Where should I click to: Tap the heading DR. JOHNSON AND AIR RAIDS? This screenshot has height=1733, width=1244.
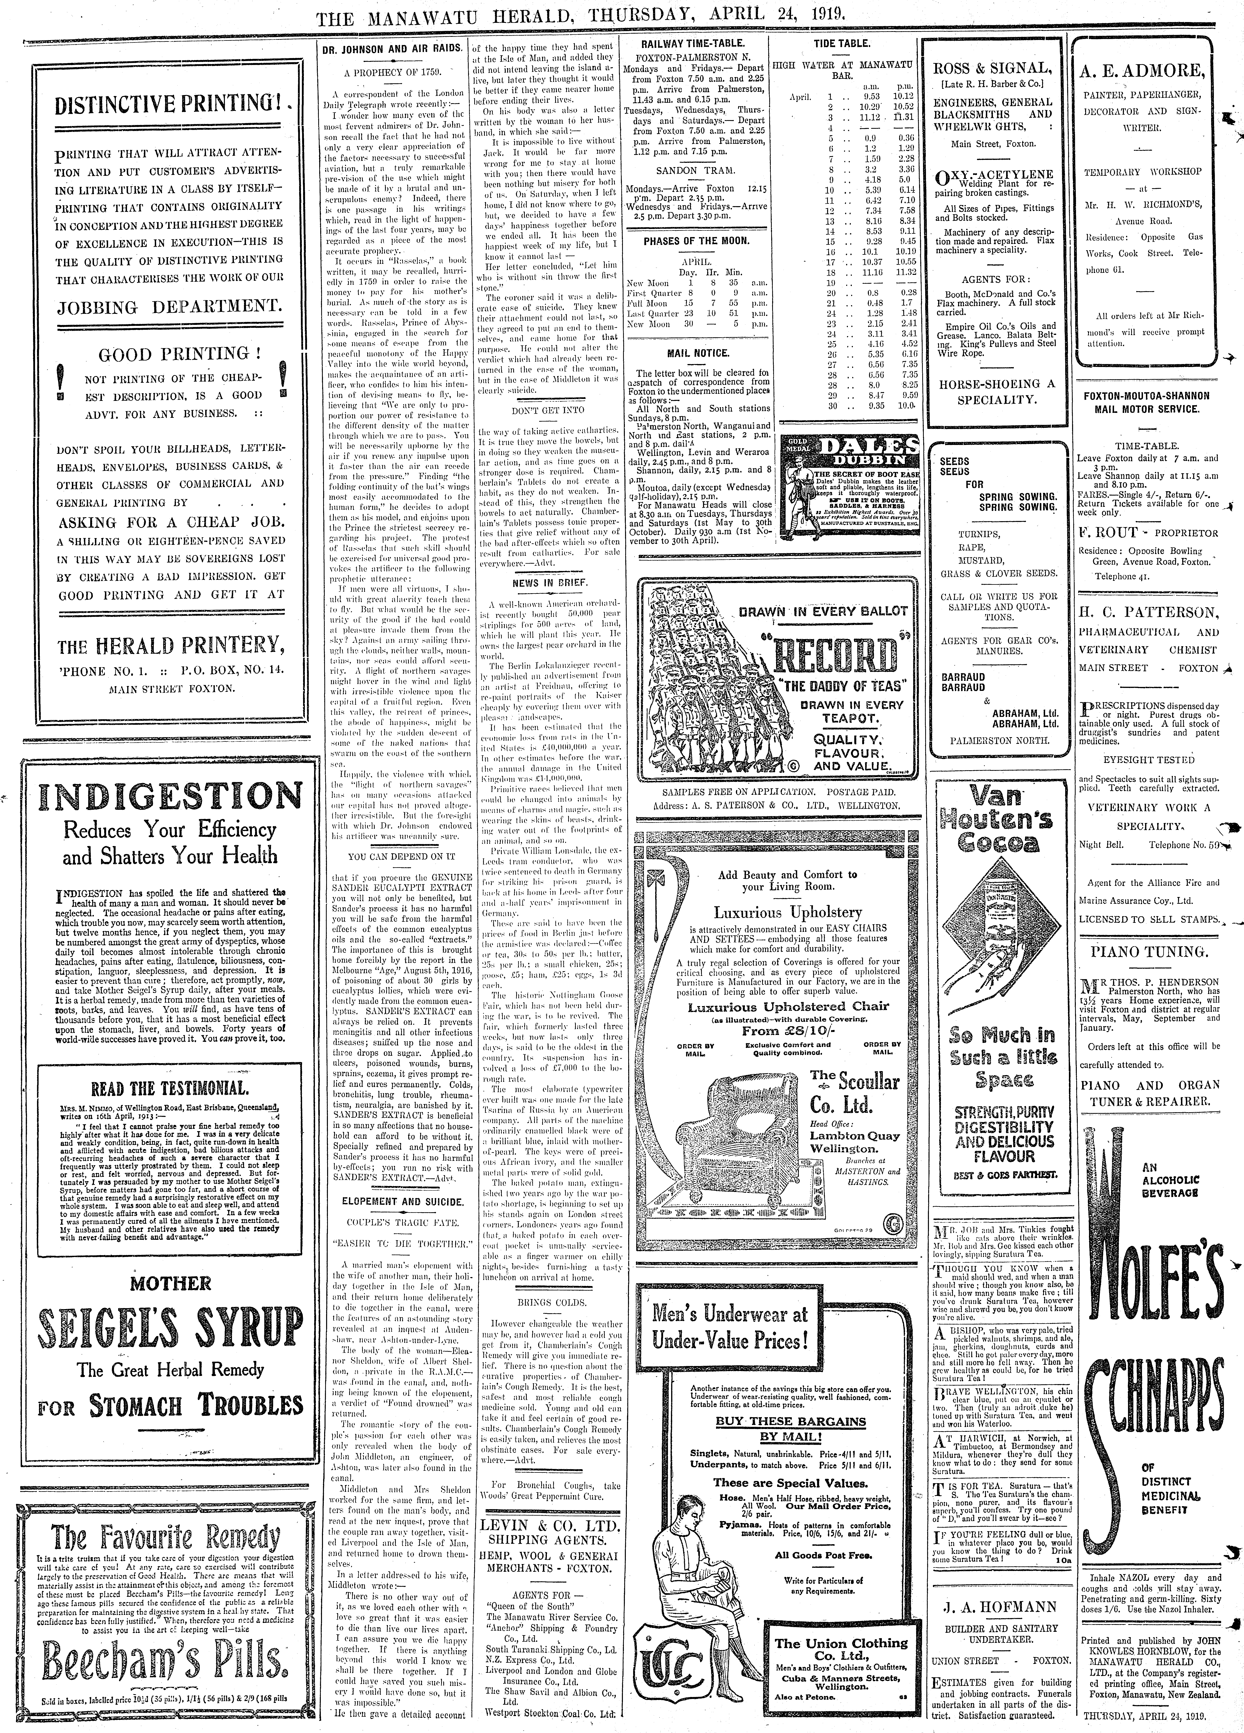coord(391,47)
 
